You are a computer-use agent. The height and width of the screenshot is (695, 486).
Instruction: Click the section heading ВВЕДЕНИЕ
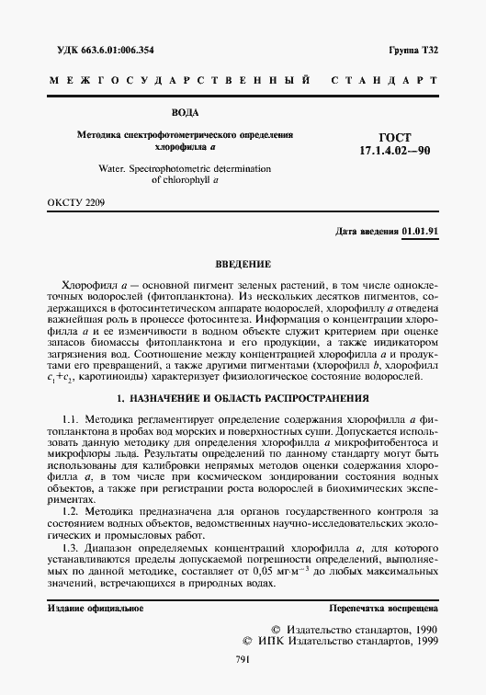tap(243, 262)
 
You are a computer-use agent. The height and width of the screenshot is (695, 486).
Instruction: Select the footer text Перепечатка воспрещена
tap(383, 610)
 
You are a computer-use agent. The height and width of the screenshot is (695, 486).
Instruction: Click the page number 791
tap(243, 660)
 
